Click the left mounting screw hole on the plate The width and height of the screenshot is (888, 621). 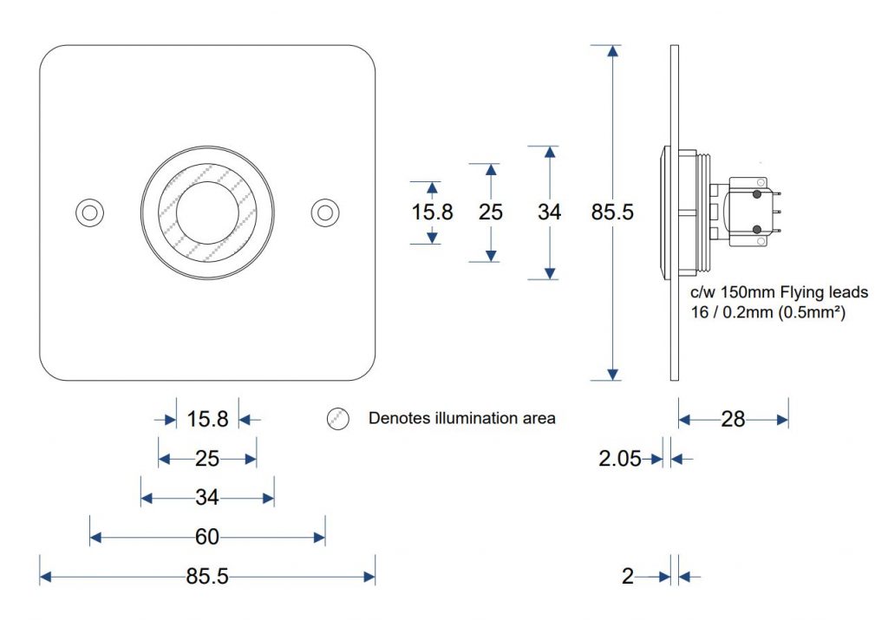pyautogui.click(x=88, y=212)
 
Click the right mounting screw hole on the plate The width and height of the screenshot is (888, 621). pyautogui.click(x=325, y=212)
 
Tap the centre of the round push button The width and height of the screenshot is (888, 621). pyautogui.click(x=206, y=212)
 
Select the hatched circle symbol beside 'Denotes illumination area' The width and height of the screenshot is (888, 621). pyautogui.click(x=337, y=419)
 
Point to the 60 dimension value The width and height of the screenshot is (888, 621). pyautogui.click(x=206, y=538)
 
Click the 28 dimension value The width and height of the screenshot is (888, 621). pyautogui.click(x=733, y=420)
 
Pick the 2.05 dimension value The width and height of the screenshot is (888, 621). pyautogui.click(x=620, y=459)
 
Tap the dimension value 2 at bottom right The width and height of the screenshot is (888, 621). pyautogui.click(x=628, y=576)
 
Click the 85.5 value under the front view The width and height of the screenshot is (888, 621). pyautogui.click(x=206, y=576)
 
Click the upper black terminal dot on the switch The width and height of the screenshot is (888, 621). pyautogui.click(x=757, y=194)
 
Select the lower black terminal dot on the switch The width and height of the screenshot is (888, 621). pyautogui.click(x=757, y=229)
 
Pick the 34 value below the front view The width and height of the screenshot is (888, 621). pyautogui.click(x=206, y=498)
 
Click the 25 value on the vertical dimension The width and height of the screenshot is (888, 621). pyautogui.click(x=491, y=212)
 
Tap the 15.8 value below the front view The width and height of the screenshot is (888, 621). pyautogui.click(x=207, y=420)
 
